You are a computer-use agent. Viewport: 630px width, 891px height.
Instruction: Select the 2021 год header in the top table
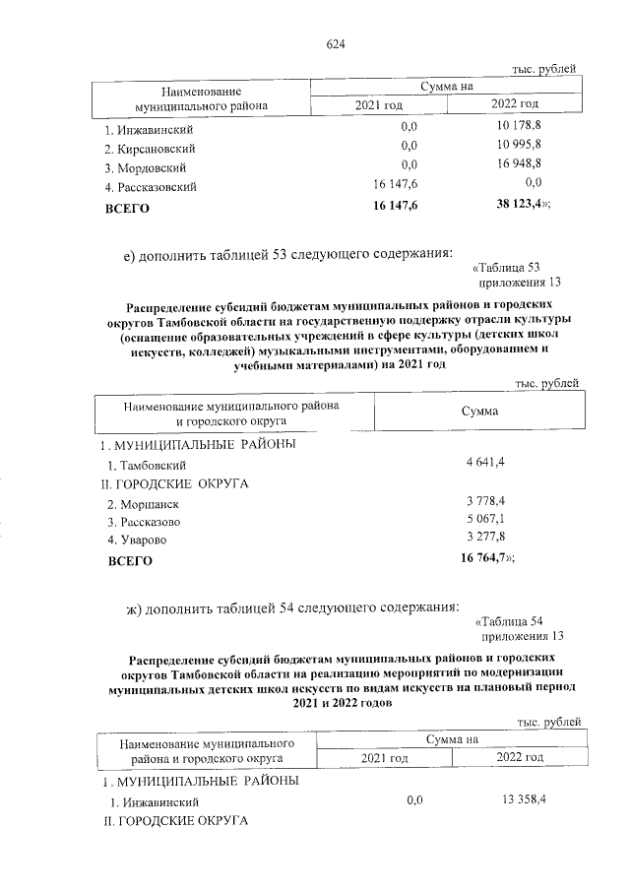(x=380, y=104)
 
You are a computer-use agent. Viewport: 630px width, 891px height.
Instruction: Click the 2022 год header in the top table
(x=514, y=104)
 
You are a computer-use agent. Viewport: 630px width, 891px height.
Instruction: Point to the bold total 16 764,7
(x=485, y=558)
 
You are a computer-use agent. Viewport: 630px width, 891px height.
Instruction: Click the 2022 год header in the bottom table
(x=520, y=757)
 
